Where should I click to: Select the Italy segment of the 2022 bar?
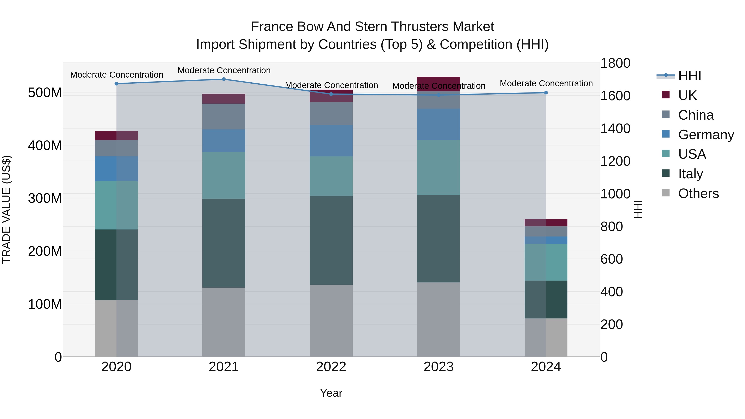331,240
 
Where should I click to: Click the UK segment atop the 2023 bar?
439,84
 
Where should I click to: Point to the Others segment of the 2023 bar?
439,319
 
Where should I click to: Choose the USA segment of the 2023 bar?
439,167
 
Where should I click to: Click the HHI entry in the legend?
690,76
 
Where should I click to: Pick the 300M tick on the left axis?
45,198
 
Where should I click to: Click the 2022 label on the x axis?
331,367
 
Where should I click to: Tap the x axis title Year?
331,393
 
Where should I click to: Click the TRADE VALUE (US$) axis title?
6,209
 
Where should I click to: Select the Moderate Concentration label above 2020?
117,75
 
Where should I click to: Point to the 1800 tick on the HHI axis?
615,63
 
